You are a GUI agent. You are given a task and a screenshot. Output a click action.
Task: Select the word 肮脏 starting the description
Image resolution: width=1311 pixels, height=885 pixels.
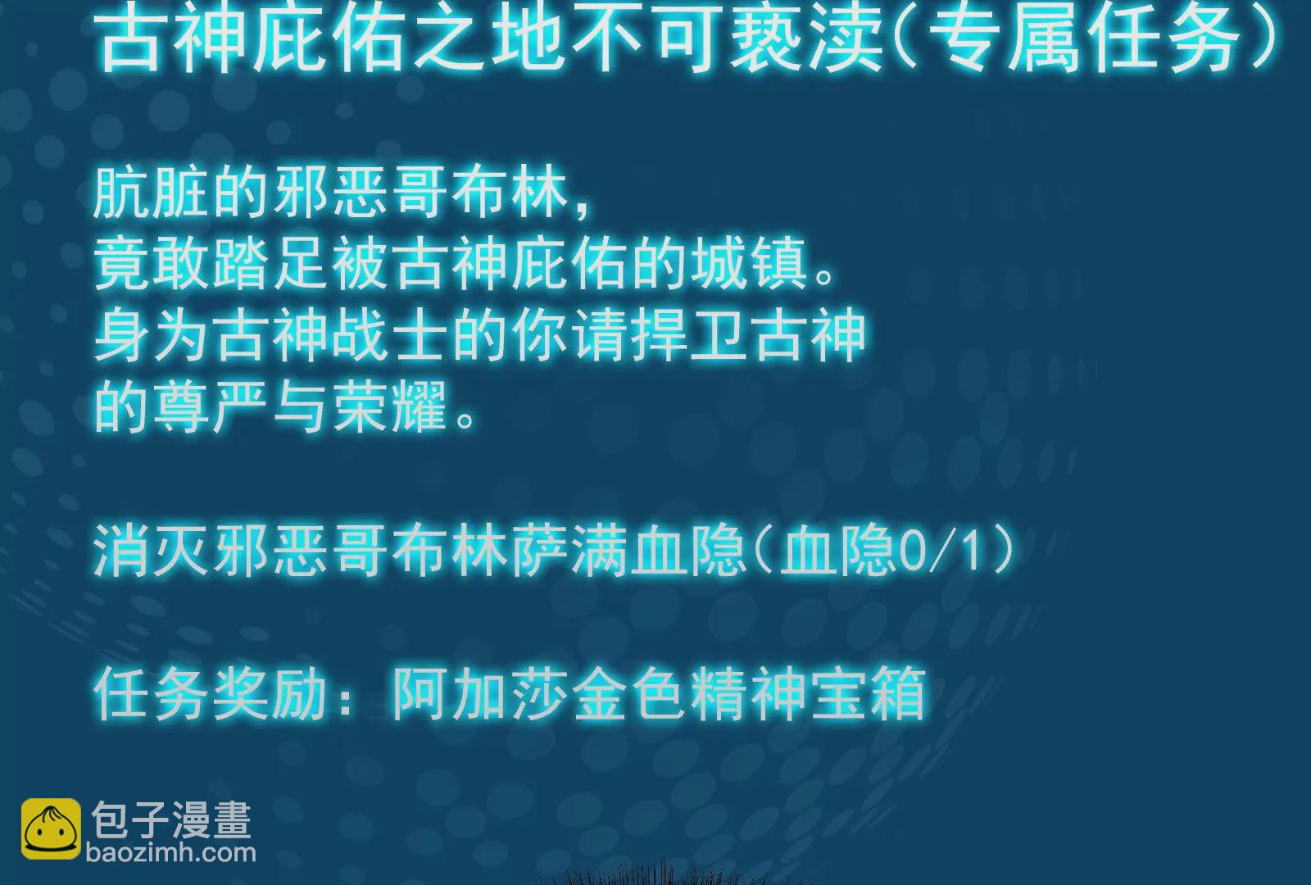(151, 194)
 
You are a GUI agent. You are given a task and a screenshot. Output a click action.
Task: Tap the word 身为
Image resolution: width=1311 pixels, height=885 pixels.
(151, 337)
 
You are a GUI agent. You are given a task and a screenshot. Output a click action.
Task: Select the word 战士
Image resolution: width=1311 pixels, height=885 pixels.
(390, 337)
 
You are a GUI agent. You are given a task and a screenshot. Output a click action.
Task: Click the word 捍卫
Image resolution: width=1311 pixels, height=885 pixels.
(689, 337)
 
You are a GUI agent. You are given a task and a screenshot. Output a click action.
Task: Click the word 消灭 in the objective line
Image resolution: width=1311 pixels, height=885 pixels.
(151, 550)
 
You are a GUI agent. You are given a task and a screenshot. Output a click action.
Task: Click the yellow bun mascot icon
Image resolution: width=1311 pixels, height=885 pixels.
(51, 828)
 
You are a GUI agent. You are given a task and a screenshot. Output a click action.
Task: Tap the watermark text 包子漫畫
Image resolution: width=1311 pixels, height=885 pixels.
(171, 820)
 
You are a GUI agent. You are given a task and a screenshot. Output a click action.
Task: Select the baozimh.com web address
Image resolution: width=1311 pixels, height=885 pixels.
(171, 853)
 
